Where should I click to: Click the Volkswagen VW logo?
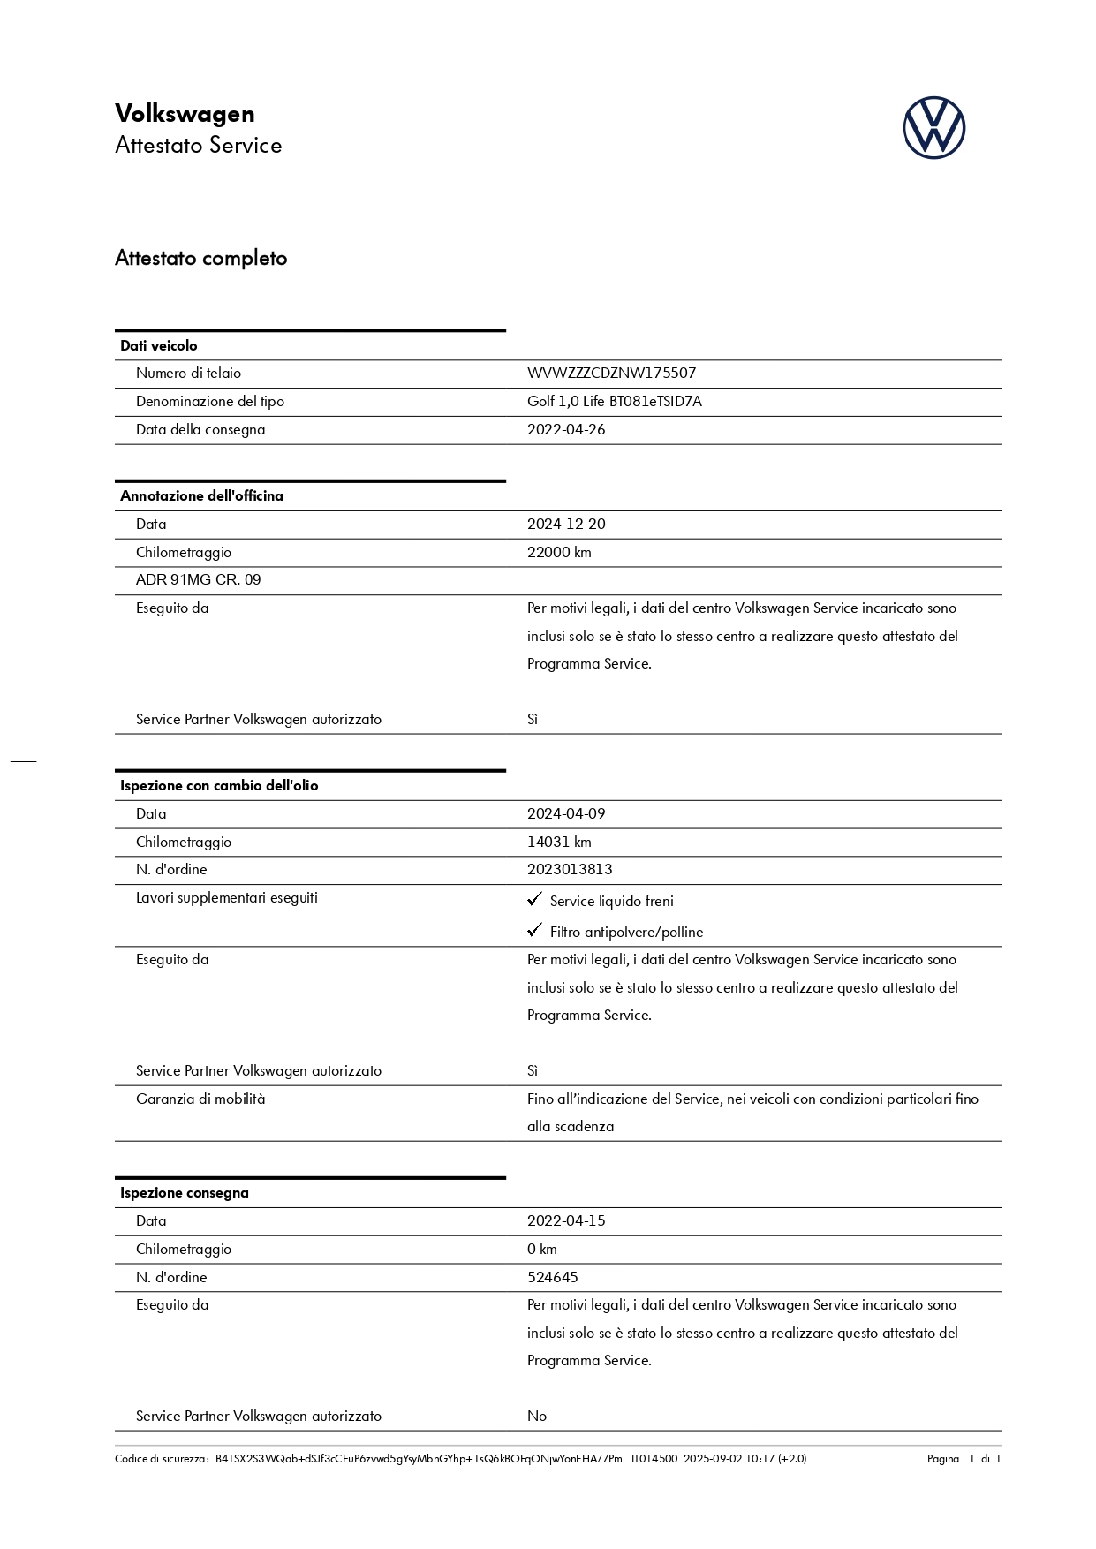click(933, 128)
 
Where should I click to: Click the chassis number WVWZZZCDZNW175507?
click(611, 374)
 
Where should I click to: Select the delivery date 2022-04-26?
click(566, 430)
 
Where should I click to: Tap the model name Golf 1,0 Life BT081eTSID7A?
click(614, 402)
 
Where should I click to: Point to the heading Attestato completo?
click(201, 259)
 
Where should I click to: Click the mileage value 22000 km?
click(559, 553)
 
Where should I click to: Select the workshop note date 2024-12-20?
click(566, 525)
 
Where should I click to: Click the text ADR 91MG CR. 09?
click(198, 580)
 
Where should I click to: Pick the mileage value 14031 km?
click(559, 843)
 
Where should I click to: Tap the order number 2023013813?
click(570, 870)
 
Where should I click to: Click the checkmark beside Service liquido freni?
click(534, 899)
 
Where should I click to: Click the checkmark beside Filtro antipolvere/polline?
click(534, 930)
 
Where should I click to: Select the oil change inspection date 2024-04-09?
click(566, 814)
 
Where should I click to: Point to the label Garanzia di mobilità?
click(200, 1099)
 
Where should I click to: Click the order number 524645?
click(553, 1278)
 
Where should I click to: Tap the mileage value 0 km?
click(542, 1250)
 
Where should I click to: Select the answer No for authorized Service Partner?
click(537, 1417)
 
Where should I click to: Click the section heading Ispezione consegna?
click(185, 1193)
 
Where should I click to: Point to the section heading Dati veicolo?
click(159, 346)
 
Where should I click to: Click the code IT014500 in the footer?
click(654, 1459)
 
